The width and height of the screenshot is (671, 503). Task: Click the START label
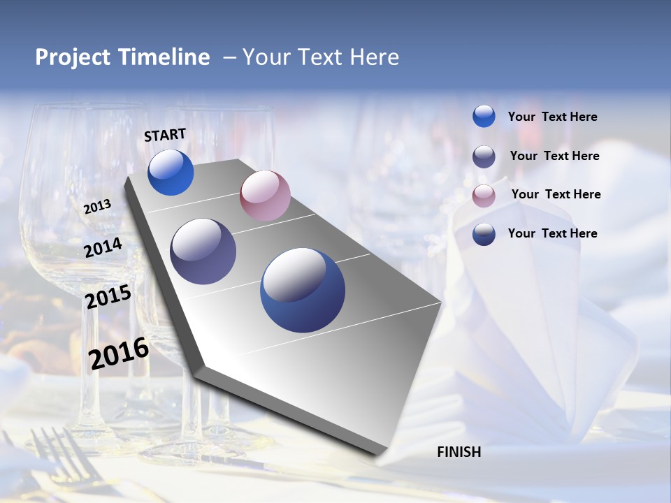point(165,135)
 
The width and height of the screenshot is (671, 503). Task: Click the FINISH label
point(459,452)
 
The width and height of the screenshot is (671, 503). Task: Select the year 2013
point(97,207)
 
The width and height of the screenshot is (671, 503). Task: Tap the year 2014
point(103,247)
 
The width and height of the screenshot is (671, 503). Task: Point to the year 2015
point(108,297)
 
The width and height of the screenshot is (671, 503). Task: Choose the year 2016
point(119,353)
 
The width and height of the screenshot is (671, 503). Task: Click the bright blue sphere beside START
point(171,173)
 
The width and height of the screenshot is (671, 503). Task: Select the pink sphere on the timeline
point(265,196)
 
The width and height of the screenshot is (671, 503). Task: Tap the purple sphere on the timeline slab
point(203,251)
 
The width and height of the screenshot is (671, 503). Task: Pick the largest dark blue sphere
point(303,290)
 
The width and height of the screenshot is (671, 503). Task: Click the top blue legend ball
point(484,116)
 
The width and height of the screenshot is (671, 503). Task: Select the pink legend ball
point(484,196)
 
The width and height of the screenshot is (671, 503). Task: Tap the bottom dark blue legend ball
point(484,234)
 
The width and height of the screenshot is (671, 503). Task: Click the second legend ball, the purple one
point(484,156)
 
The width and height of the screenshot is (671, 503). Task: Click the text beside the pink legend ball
point(556,194)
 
